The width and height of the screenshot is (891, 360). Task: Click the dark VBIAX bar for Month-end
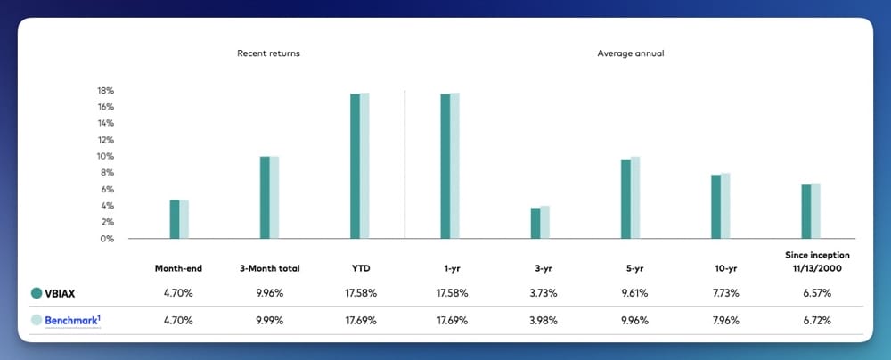(x=175, y=219)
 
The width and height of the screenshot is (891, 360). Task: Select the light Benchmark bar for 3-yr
(x=545, y=223)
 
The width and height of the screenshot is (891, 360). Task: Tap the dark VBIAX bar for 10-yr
(x=715, y=207)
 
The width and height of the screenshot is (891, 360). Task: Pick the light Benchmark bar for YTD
(x=364, y=166)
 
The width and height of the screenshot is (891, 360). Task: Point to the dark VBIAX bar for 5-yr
(x=625, y=199)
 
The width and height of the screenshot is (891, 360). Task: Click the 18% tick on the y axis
(x=105, y=91)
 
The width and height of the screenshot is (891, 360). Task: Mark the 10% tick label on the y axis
(x=105, y=157)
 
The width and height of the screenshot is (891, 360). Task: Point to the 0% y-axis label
(x=108, y=239)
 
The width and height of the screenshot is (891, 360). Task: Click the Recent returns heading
(x=268, y=53)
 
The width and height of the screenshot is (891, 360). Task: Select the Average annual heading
(x=630, y=53)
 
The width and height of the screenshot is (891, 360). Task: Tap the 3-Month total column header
(x=268, y=267)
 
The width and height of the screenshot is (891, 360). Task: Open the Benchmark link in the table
(x=72, y=319)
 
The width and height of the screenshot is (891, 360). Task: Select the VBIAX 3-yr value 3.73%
(x=540, y=292)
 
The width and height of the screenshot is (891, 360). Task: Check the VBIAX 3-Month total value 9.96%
(x=268, y=292)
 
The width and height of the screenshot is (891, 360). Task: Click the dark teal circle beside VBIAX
(x=37, y=292)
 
